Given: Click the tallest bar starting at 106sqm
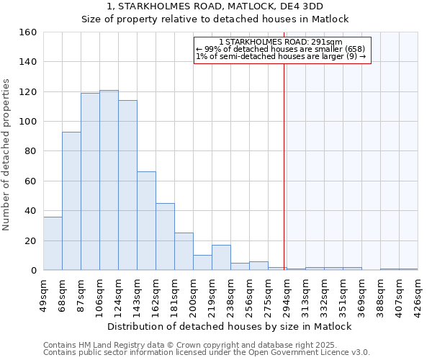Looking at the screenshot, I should (109, 180).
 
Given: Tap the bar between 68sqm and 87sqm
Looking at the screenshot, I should (71, 201).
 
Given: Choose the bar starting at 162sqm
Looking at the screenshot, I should (165, 237).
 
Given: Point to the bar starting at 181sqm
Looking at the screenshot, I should (184, 251).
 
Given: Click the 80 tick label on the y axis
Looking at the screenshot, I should (30, 151).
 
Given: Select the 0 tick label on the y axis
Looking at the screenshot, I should (32, 271).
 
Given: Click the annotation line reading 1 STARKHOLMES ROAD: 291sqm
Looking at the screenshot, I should (282, 42).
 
